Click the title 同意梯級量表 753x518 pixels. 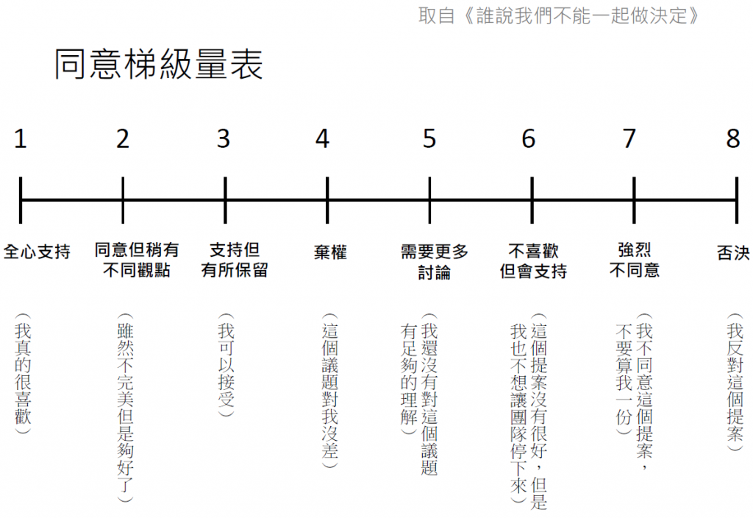(x=159, y=65)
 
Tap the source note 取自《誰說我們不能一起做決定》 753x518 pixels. (x=557, y=15)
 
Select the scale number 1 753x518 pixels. (x=21, y=138)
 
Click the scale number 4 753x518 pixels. (x=322, y=138)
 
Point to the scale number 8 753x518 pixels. (x=733, y=138)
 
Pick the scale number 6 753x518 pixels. (x=529, y=138)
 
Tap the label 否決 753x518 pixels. (x=733, y=252)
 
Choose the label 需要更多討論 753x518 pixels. (x=434, y=261)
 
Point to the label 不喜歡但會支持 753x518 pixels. (x=533, y=261)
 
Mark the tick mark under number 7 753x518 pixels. (x=633, y=199)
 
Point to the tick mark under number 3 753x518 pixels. (x=224, y=199)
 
